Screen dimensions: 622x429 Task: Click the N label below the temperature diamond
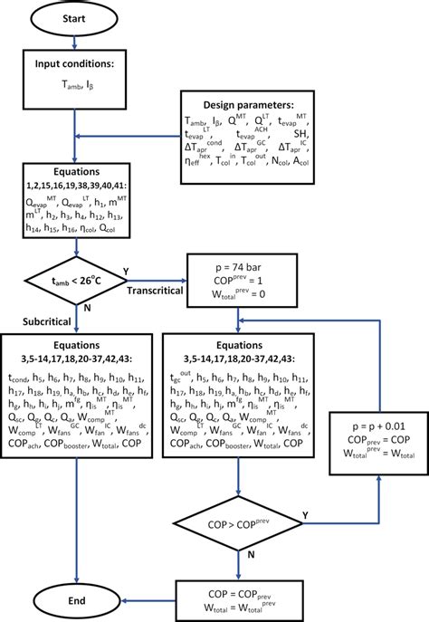[x=88, y=306]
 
